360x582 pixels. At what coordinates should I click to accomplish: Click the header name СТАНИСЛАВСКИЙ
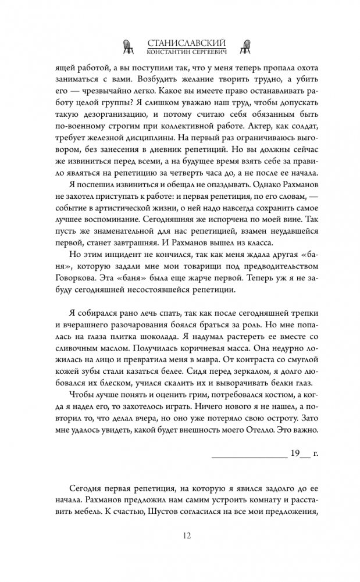pyautogui.click(x=179, y=42)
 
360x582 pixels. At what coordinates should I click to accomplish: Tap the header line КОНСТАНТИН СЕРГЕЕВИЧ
pyautogui.click(x=179, y=51)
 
